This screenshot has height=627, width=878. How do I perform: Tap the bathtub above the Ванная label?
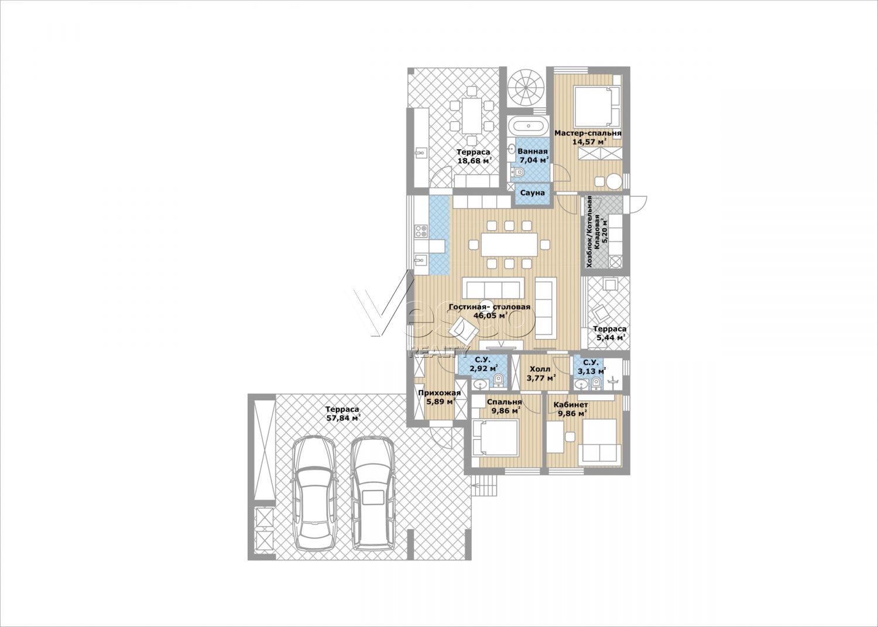pyautogui.click(x=529, y=126)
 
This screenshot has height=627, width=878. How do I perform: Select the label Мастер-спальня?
pyautogui.click(x=588, y=133)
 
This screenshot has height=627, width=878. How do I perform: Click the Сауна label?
pyautogui.click(x=532, y=193)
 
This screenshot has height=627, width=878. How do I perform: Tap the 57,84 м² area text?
pyautogui.click(x=344, y=418)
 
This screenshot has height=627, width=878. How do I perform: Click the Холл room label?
pyautogui.click(x=540, y=369)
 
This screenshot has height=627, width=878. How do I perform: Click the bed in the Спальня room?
pyautogui.click(x=495, y=437)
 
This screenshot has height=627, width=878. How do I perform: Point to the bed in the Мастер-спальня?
pyautogui.click(x=596, y=105)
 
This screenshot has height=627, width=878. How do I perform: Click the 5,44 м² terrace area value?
pyautogui.click(x=610, y=337)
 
